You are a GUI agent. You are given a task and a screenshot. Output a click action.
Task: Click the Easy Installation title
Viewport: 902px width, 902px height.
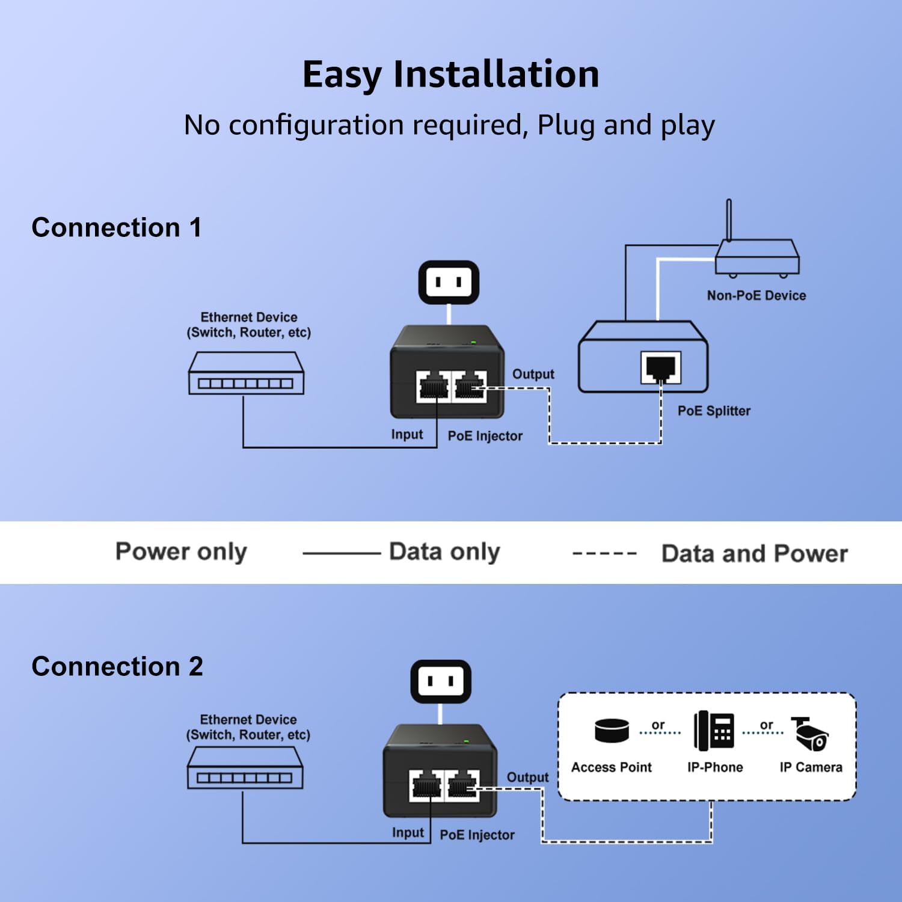click(x=450, y=75)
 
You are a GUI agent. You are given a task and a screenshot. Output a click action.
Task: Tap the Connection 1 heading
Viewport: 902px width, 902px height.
click(x=117, y=228)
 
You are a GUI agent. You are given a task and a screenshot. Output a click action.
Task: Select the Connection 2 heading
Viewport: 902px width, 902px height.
click(x=117, y=667)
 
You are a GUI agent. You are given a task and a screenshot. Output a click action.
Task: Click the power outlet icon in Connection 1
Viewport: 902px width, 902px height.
click(x=449, y=282)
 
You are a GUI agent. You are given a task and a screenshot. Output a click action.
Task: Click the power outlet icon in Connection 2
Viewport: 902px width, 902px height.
click(x=441, y=681)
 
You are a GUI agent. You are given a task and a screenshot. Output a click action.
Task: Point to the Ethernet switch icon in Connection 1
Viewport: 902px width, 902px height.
click(x=246, y=373)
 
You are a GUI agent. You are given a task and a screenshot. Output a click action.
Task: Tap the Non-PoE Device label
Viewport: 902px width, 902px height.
click(x=756, y=295)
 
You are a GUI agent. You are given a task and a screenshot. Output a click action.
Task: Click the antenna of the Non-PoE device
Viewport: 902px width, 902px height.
click(x=729, y=220)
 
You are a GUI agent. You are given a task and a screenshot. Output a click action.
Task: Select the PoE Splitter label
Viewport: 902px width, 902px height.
click(x=714, y=411)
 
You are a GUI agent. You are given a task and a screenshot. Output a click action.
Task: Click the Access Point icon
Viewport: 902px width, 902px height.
click(x=612, y=730)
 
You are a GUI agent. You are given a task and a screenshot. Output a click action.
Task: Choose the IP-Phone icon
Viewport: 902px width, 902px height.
click(x=714, y=731)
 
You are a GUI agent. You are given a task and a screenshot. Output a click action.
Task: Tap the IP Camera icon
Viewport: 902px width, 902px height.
click(x=810, y=734)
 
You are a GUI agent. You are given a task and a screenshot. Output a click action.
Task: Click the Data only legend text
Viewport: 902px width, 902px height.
click(x=444, y=551)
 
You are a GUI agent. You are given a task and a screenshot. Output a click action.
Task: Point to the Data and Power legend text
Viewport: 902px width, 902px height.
click(x=754, y=553)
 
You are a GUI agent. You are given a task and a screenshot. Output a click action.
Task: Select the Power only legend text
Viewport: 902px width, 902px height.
click(x=181, y=551)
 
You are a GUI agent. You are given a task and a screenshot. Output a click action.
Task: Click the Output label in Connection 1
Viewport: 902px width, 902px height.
click(x=533, y=374)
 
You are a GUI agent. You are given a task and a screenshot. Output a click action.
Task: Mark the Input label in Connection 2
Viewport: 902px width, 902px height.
click(x=408, y=832)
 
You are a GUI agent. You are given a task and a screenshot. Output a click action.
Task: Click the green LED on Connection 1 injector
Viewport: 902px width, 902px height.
click(x=473, y=342)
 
